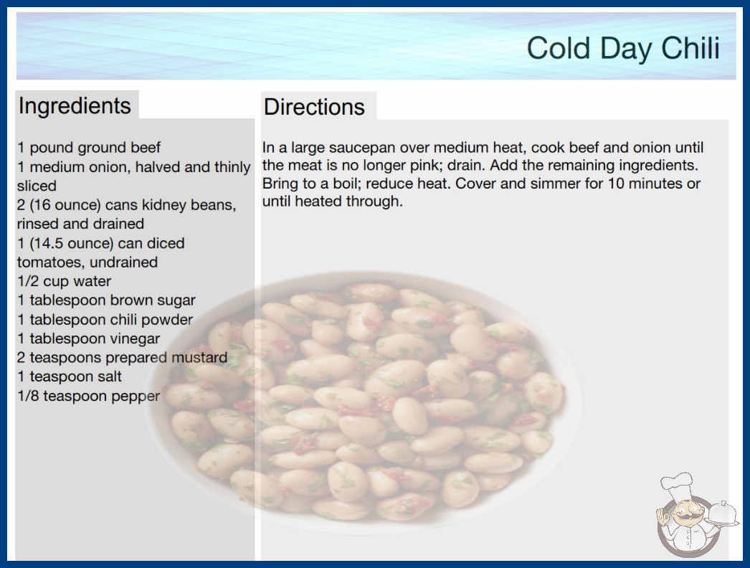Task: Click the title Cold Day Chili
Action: pos(623,48)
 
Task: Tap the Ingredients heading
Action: pos(75,105)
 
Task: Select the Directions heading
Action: pos(314,107)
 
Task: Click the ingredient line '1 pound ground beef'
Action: pos(89,148)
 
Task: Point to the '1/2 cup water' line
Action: pos(64,281)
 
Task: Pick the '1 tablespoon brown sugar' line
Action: pos(106,300)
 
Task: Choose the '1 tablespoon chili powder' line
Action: pos(105,319)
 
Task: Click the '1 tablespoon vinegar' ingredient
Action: pos(88,339)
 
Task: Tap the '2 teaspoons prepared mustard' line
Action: pos(122,357)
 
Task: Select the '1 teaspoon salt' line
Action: pos(70,377)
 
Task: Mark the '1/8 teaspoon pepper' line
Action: pos(88,396)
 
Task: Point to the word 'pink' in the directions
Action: pos(452,166)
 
